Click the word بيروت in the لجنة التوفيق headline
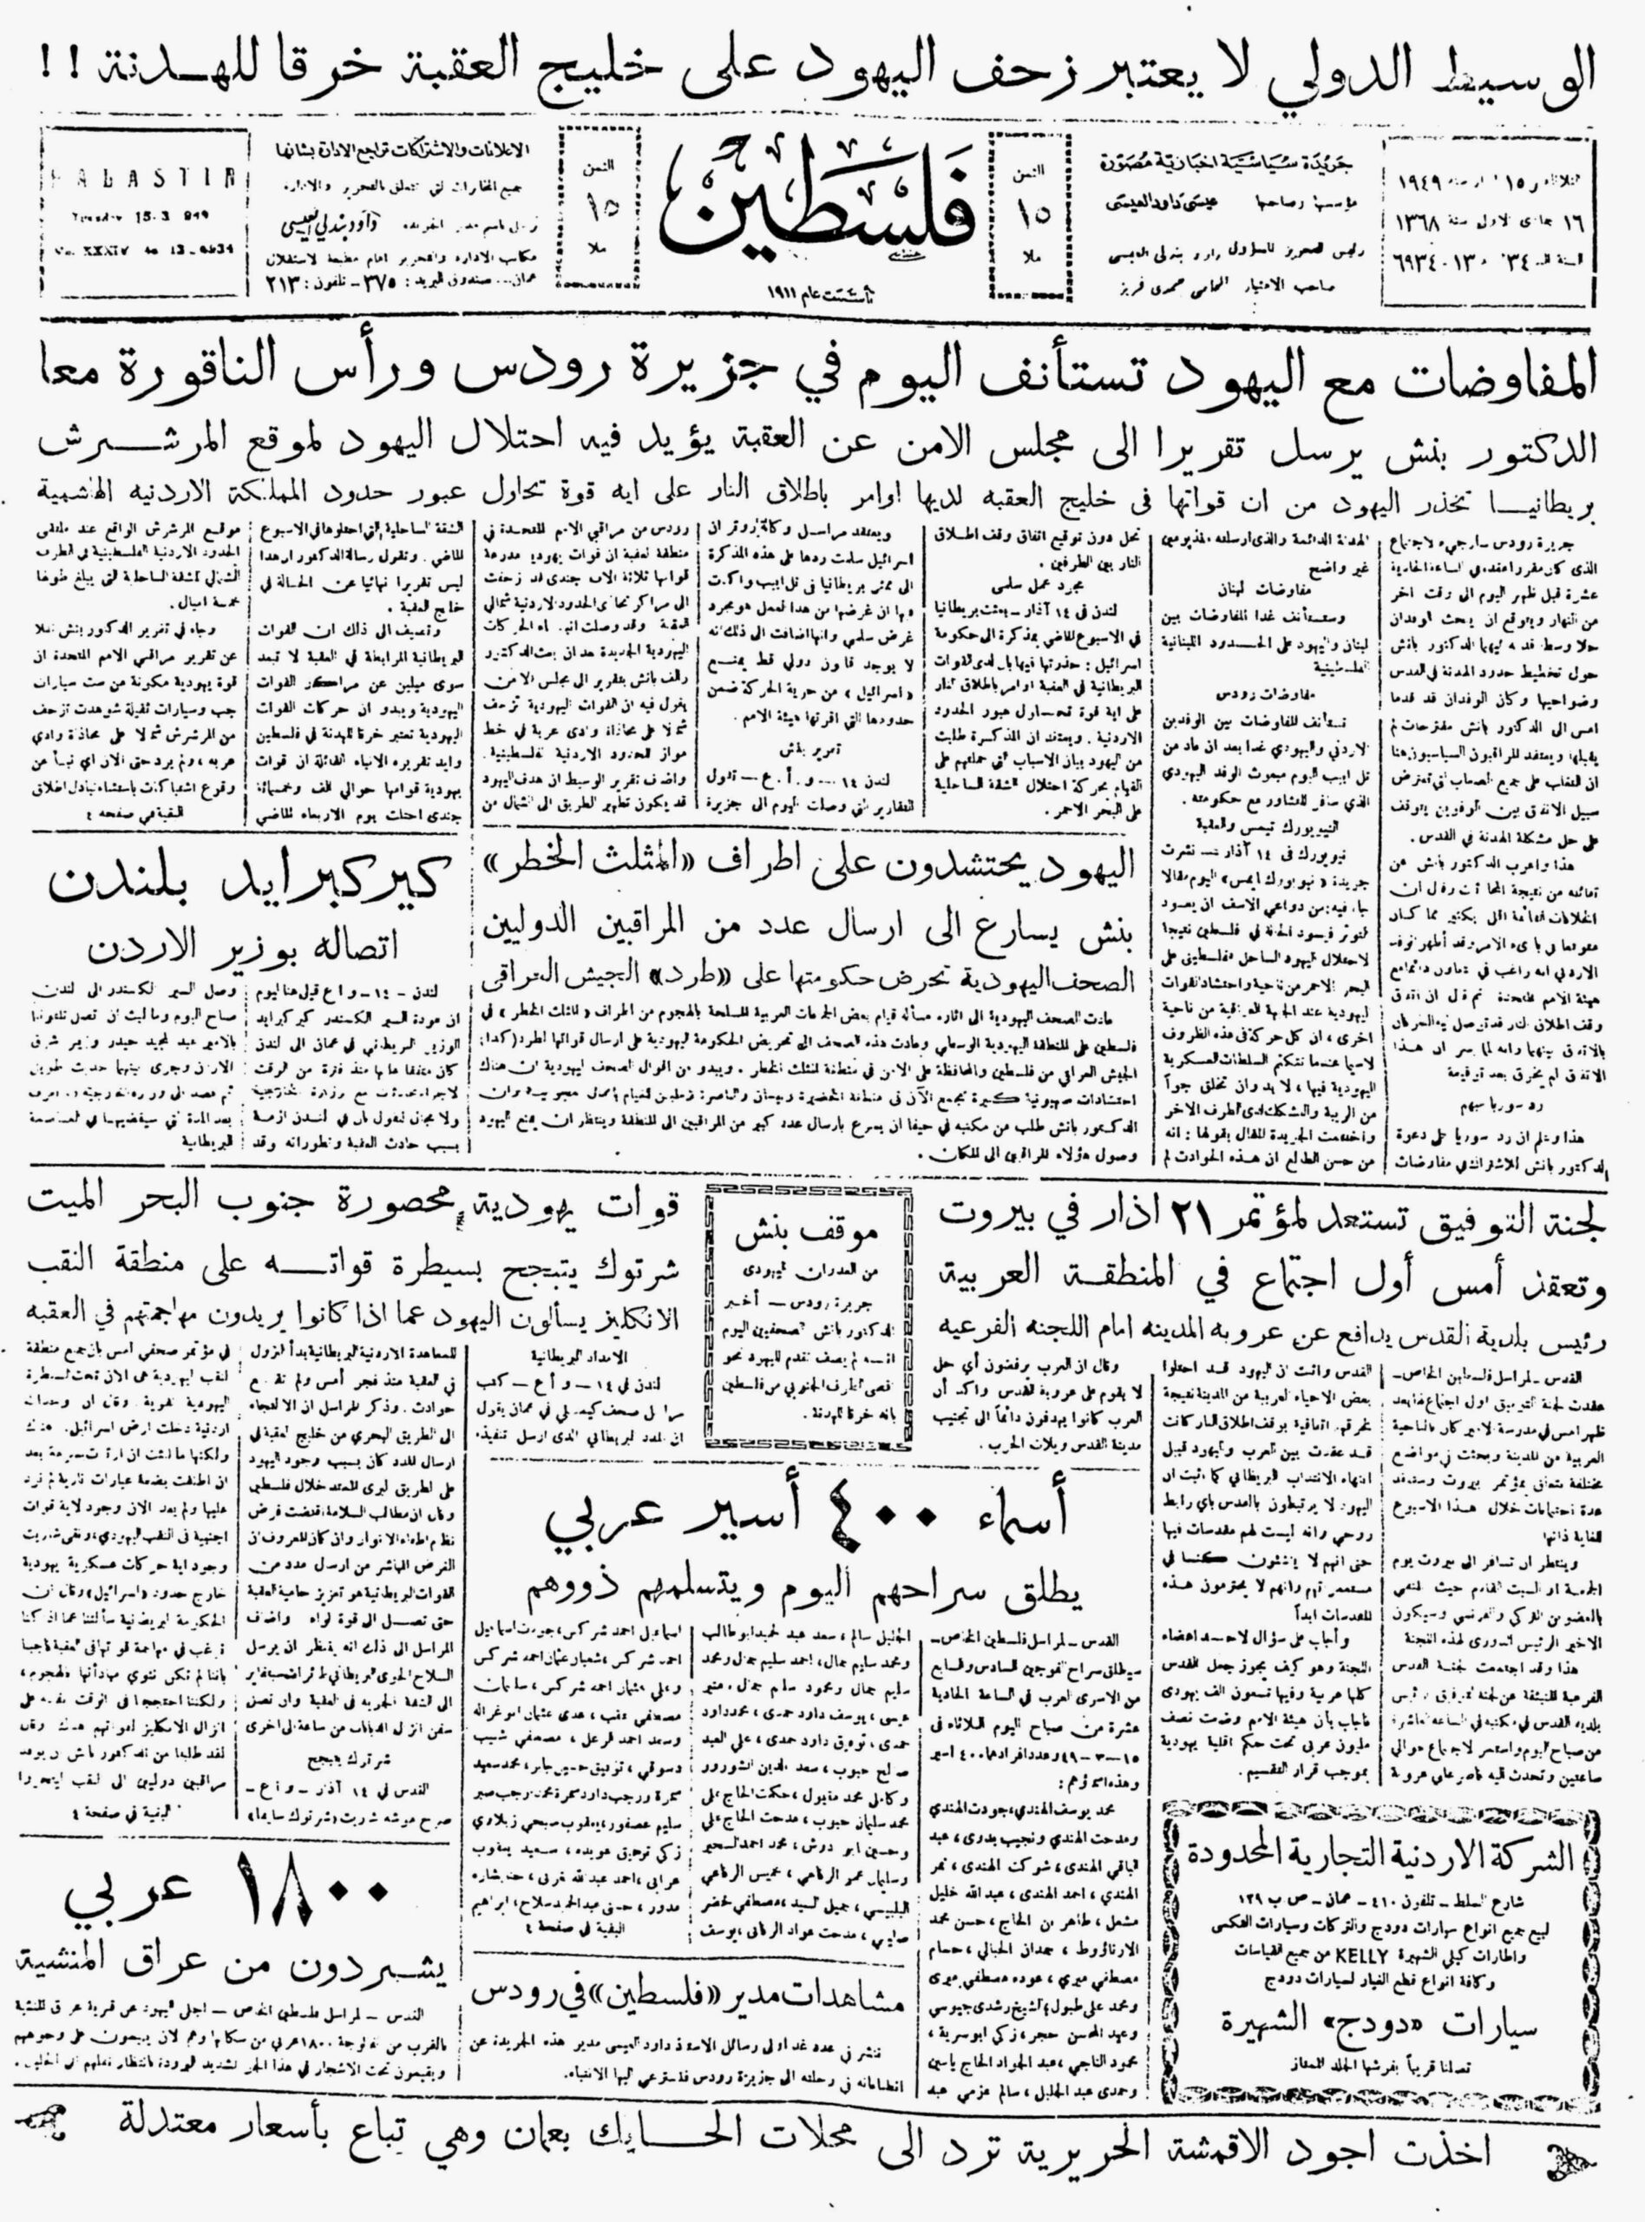pyautogui.click(x=997, y=1218)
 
